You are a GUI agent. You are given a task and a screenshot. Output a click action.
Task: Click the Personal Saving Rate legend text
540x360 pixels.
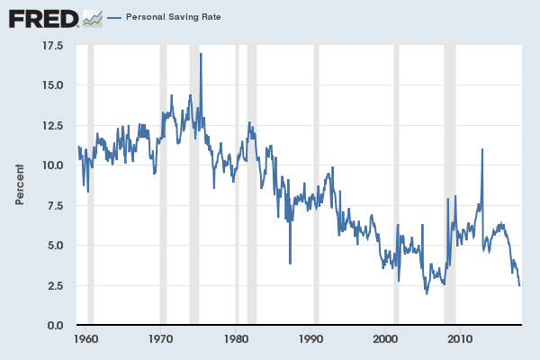(173, 17)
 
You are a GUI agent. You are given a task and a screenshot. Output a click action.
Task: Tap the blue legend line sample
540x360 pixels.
(113, 17)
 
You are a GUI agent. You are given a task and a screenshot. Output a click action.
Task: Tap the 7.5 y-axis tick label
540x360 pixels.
(55, 205)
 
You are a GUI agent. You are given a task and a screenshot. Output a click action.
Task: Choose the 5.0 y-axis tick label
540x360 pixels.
(55, 246)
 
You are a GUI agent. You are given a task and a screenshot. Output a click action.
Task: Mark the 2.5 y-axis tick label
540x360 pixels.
(55, 285)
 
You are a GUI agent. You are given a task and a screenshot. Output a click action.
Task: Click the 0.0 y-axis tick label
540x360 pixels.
(55, 326)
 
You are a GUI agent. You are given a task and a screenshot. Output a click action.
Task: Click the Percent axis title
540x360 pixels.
(20, 184)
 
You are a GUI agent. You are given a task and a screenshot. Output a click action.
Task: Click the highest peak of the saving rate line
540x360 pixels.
(201, 54)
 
